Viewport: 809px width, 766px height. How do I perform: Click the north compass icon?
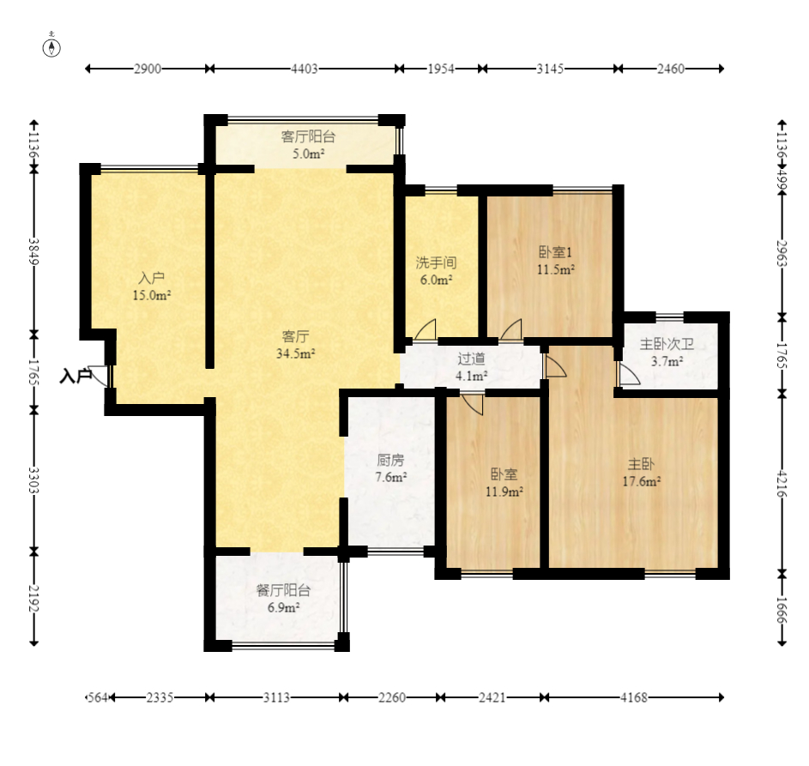click(51, 47)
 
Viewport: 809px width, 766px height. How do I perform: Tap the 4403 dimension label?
click(305, 69)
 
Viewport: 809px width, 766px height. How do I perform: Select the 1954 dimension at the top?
click(441, 69)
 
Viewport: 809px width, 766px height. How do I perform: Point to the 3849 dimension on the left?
click(34, 251)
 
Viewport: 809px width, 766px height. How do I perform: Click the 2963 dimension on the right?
click(782, 253)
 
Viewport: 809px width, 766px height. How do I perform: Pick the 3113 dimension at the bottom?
click(276, 697)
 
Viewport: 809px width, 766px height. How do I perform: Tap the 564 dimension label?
click(98, 697)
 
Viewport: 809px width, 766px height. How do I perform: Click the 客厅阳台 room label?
click(308, 136)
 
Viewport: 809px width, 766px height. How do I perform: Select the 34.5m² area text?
click(296, 353)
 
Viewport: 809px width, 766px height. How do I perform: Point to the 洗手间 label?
click(437, 262)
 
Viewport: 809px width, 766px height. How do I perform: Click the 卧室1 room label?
click(555, 252)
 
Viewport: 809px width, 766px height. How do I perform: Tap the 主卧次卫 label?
click(667, 344)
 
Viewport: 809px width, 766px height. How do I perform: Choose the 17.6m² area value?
click(642, 481)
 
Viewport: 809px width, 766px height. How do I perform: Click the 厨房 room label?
click(390, 460)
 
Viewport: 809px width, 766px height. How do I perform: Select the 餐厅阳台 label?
click(283, 590)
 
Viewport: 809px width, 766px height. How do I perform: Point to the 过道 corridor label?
click(471, 358)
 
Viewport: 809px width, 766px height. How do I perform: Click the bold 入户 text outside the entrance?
click(75, 376)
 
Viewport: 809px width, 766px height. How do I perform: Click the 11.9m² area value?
click(504, 492)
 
